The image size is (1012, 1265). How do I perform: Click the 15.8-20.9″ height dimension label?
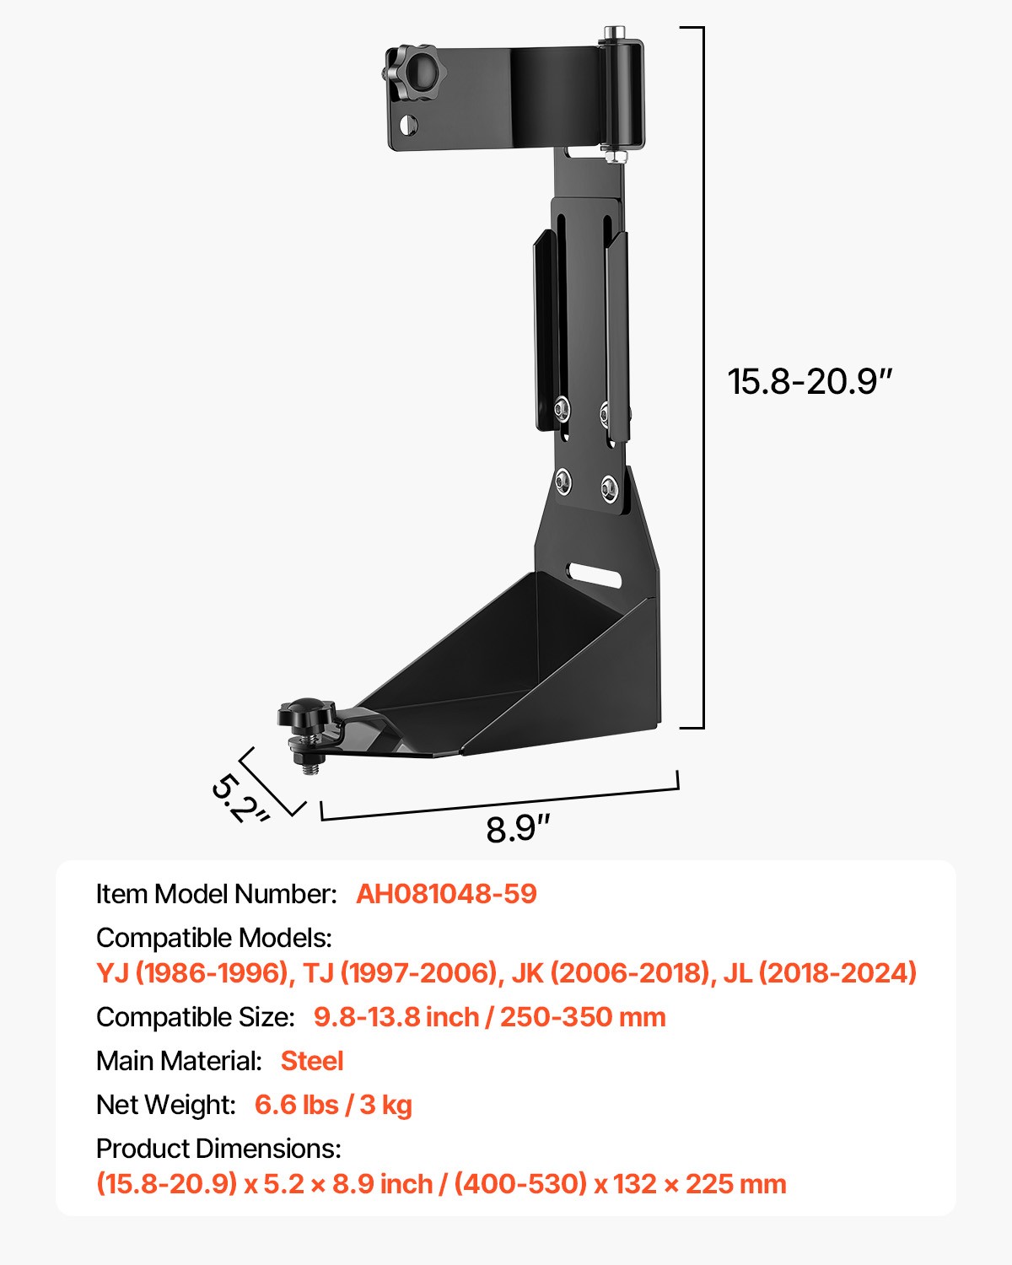click(809, 381)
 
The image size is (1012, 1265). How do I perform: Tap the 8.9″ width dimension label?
click(517, 829)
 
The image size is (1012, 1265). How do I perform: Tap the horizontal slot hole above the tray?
click(595, 575)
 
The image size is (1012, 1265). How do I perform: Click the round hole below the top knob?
click(408, 125)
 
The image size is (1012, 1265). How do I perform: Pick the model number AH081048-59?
click(446, 894)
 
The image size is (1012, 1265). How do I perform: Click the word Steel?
click(311, 1061)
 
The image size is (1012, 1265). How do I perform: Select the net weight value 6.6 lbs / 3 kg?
click(333, 1105)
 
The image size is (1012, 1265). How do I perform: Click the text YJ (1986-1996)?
click(192, 973)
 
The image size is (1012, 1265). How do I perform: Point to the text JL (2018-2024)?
click(820, 973)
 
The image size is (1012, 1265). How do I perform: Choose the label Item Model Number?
click(216, 894)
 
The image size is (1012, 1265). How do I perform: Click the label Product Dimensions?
click(218, 1149)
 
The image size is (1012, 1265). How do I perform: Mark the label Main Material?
click(179, 1061)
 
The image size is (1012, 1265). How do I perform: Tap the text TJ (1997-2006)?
click(400, 973)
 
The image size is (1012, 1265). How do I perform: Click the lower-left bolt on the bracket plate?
click(563, 482)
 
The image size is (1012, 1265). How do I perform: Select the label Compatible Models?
click(214, 938)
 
